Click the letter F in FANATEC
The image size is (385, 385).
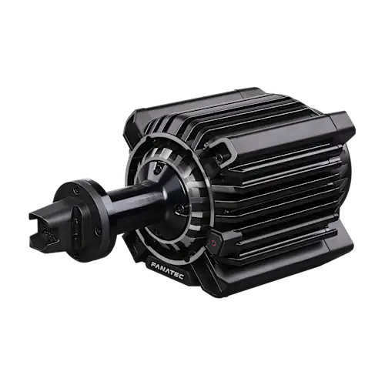(153, 265)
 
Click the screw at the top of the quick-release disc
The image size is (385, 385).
(75, 189)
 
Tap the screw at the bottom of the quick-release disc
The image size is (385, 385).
(76, 256)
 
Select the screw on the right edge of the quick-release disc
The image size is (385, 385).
(96, 230)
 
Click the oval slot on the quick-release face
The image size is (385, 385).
(76, 223)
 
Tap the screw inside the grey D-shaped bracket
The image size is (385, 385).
(218, 159)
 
